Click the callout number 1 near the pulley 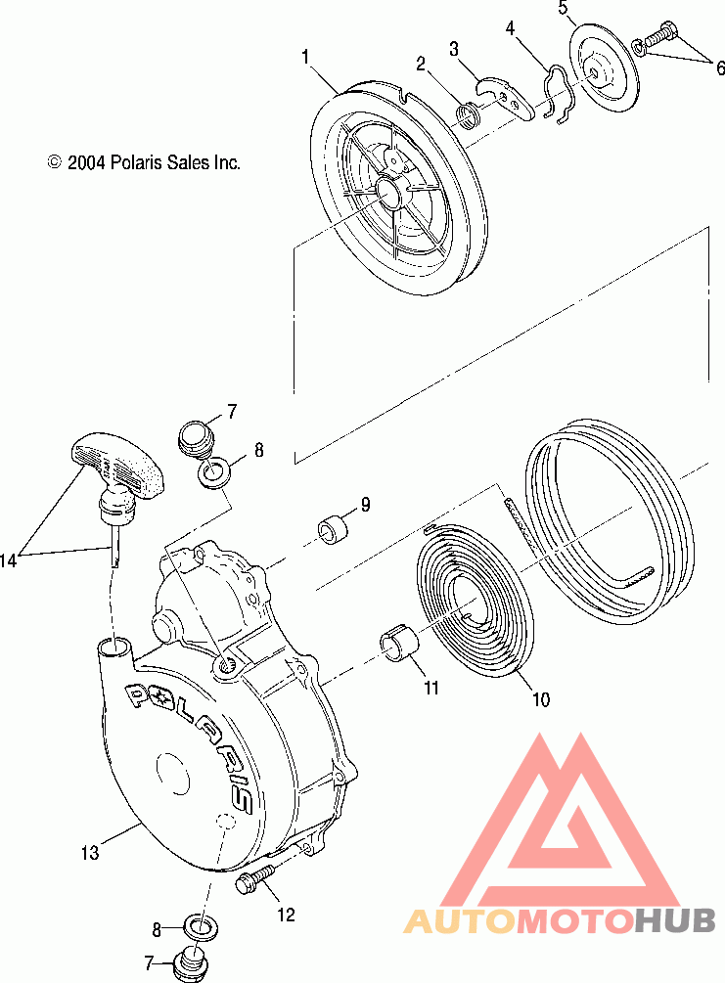coord(306,58)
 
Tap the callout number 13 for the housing coord(89,854)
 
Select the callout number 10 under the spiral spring coord(540,699)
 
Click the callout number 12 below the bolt coord(287,916)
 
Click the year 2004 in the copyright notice coord(85,163)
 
